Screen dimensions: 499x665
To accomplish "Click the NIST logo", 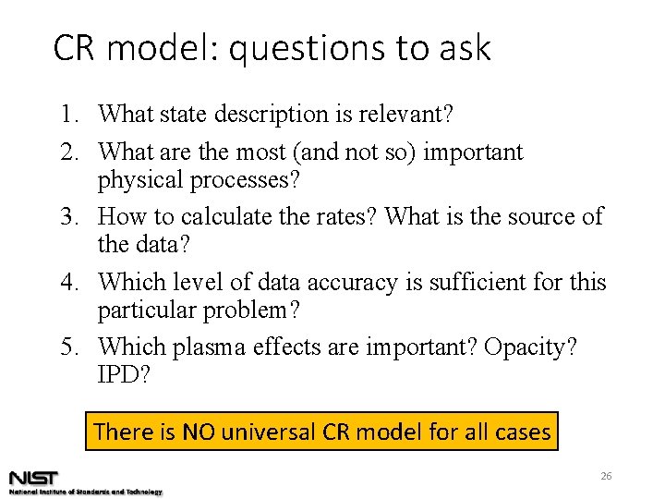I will tap(34, 478).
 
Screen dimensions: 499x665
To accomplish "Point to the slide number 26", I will tap(607, 476).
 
